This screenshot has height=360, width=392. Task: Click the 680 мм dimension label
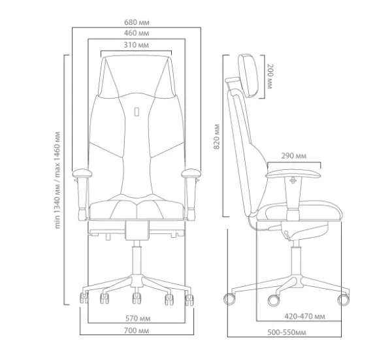pyautogui.click(x=137, y=22)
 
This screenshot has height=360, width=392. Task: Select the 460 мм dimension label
pyautogui.click(x=137, y=33)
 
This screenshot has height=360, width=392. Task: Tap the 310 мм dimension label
pyautogui.click(x=137, y=45)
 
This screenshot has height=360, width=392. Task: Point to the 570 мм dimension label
pyautogui.click(x=138, y=318)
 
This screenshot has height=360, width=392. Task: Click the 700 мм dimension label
pyautogui.click(x=137, y=331)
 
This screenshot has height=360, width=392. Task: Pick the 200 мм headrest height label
pyautogui.click(x=270, y=76)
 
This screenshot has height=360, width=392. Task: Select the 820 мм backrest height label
pyautogui.click(x=216, y=137)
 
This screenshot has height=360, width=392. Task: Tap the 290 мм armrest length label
pyautogui.click(x=294, y=155)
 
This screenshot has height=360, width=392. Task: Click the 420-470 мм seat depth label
pyautogui.click(x=304, y=316)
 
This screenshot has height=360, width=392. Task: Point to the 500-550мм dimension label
pyautogui.click(x=287, y=333)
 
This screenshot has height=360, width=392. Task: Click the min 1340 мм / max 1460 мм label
pyautogui.click(x=57, y=180)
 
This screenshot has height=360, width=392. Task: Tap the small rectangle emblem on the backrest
pyautogui.click(x=137, y=112)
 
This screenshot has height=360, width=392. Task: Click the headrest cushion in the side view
pyautogui.click(x=248, y=76)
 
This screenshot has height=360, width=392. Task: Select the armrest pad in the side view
pyautogui.click(x=293, y=174)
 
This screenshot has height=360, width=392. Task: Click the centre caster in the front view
pyautogui.click(x=137, y=298)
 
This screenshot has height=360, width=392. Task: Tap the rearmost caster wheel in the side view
pyautogui.click(x=229, y=299)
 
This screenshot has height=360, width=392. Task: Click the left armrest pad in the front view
pyautogui.click(x=82, y=173)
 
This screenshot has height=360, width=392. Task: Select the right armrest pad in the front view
pyautogui.click(x=191, y=173)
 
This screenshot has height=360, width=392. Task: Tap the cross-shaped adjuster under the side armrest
pyautogui.click(x=293, y=180)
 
